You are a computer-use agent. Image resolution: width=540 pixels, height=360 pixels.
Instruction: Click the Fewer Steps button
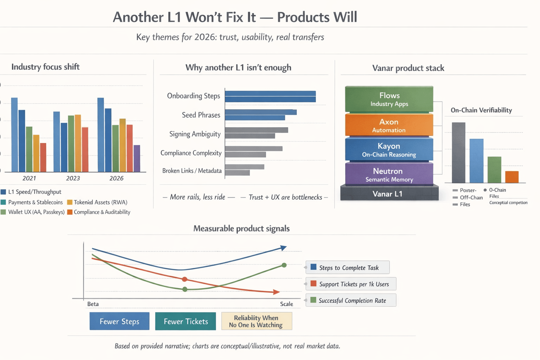(120, 321)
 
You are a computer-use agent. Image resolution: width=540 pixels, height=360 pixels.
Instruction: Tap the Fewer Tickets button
(186, 321)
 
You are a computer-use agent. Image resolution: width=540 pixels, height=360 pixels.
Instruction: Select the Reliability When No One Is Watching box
(257, 321)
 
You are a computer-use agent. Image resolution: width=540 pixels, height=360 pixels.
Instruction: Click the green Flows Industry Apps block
(389, 99)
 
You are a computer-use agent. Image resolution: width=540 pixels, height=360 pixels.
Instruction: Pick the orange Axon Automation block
(389, 125)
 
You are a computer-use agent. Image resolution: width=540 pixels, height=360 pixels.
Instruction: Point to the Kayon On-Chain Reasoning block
(389, 150)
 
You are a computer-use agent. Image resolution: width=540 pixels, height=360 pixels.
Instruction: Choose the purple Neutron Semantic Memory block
(389, 174)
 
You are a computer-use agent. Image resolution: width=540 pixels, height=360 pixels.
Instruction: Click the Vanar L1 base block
(389, 194)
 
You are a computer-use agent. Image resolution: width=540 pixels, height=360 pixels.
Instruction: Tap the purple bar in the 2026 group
(137, 158)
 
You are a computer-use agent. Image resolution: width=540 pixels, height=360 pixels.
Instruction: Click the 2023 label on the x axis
(73, 178)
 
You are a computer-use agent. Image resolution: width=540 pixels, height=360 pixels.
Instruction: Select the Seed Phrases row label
(201, 115)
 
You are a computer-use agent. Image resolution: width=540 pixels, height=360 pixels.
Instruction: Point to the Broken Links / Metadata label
(192, 171)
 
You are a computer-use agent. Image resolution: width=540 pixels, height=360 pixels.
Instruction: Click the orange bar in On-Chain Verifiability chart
(512, 177)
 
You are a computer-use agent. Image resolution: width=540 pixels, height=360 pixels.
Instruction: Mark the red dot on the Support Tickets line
(185, 279)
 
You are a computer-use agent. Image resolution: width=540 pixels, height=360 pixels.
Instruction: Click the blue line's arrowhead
(283, 248)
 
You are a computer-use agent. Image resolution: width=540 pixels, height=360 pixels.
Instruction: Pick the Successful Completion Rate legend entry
(351, 301)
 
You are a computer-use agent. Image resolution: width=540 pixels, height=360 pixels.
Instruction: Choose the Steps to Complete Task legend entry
(348, 268)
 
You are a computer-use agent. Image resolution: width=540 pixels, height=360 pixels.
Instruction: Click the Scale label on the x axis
(287, 304)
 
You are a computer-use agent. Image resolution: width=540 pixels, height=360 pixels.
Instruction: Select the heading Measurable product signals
(242, 229)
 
